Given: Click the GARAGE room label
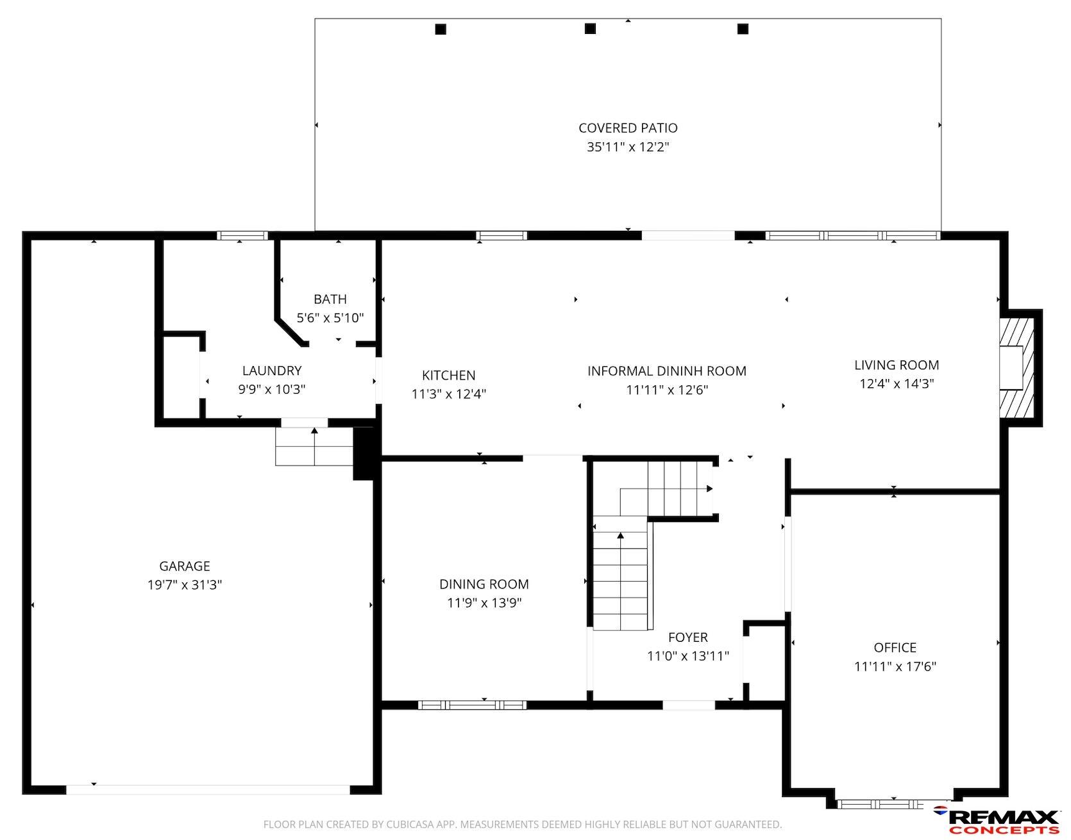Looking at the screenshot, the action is [x=185, y=566].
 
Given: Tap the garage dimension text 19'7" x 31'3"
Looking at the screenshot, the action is [x=185, y=585].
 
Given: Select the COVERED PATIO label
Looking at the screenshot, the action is [x=628, y=128].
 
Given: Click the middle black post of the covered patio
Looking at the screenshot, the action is [x=590, y=28].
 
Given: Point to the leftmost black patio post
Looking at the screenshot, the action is [x=441, y=29].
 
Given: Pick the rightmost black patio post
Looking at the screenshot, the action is [x=743, y=29].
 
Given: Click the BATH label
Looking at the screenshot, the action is [x=330, y=299].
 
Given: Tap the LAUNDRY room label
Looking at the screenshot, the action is [x=272, y=371].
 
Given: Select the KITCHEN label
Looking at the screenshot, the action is [x=449, y=376].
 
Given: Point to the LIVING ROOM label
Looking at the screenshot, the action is [x=897, y=365].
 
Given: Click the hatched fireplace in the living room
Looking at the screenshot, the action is [x=1018, y=367].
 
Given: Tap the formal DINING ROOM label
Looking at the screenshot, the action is [x=484, y=584].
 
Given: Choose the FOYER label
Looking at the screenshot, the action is [x=688, y=637].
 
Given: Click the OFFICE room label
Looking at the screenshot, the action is [x=895, y=648].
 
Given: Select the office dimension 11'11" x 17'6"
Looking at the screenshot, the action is [x=895, y=666].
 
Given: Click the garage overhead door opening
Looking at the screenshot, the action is [x=208, y=790].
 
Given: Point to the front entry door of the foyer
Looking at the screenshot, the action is [x=689, y=705].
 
